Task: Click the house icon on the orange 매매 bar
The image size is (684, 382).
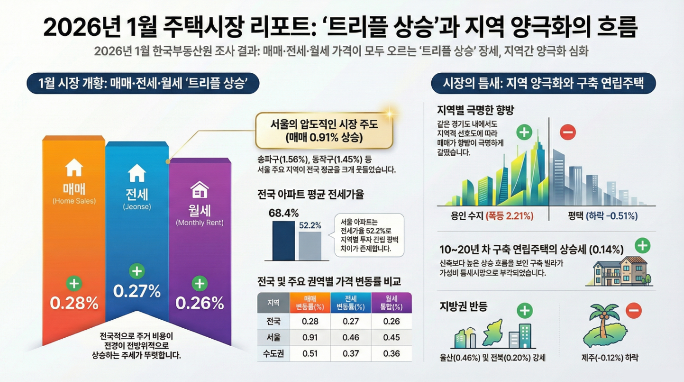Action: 74,168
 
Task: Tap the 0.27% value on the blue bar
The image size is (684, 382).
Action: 137,291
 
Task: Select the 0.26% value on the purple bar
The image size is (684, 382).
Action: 199,303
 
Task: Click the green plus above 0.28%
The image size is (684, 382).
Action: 74,283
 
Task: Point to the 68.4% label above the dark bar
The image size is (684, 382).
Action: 283,213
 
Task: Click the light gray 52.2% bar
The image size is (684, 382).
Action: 310,245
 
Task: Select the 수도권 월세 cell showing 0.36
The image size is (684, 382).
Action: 391,353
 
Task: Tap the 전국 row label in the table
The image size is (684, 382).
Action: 273,321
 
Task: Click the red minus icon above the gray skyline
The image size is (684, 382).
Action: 568,132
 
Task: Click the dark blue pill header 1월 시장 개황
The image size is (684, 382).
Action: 142,84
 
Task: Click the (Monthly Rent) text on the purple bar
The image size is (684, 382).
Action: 199,223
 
